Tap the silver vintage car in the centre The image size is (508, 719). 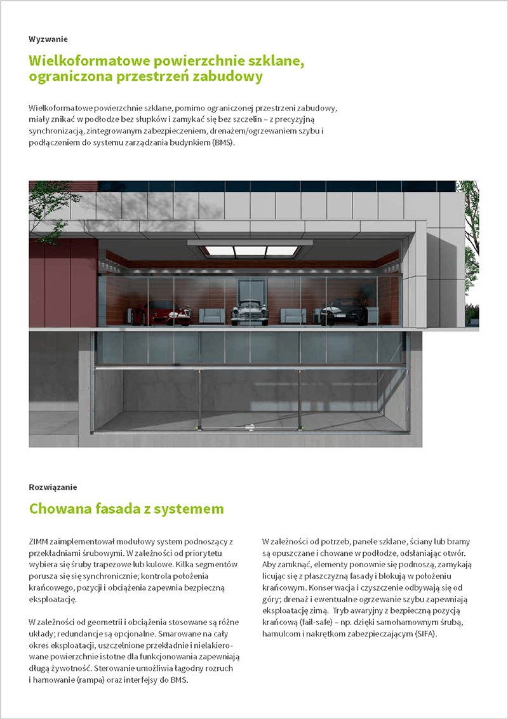coord(249,311)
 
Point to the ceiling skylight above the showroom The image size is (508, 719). coord(251,250)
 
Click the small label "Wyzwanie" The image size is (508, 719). coord(48,39)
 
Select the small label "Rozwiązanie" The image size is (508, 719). coord(53,487)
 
